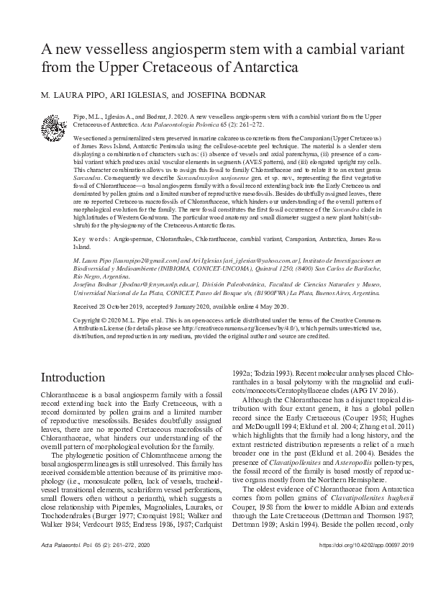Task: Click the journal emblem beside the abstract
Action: coord(54,127)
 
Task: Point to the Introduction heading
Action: coord(73,378)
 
